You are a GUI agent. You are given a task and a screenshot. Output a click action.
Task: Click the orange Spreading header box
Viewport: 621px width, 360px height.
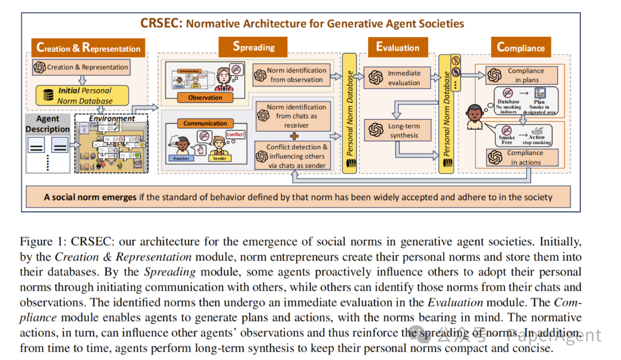pyautogui.click(x=254, y=47)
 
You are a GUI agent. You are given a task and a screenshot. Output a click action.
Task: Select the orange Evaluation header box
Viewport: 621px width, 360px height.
pyautogui.click(x=398, y=47)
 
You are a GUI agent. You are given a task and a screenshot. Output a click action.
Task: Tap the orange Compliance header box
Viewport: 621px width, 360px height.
pyautogui.click(x=520, y=47)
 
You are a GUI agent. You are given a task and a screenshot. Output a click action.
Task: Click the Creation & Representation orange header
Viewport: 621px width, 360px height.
pyautogui.click(x=88, y=48)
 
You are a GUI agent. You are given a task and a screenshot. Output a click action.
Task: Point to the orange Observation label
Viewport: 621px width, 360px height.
pyautogui.click(x=205, y=98)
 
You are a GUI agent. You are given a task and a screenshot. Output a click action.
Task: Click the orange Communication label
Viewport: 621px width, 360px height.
pyautogui.click(x=205, y=123)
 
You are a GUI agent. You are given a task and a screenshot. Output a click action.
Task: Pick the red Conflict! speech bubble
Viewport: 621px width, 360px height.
pyautogui.click(x=236, y=135)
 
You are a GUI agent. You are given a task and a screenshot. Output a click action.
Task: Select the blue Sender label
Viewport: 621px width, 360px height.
pyautogui.click(x=218, y=158)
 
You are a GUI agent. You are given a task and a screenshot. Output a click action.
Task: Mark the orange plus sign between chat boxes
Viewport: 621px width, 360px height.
pyautogui.click(x=293, y=136)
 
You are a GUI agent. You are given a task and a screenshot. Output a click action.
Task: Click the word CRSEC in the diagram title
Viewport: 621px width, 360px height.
pyautogui.click(x=161, y=24)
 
